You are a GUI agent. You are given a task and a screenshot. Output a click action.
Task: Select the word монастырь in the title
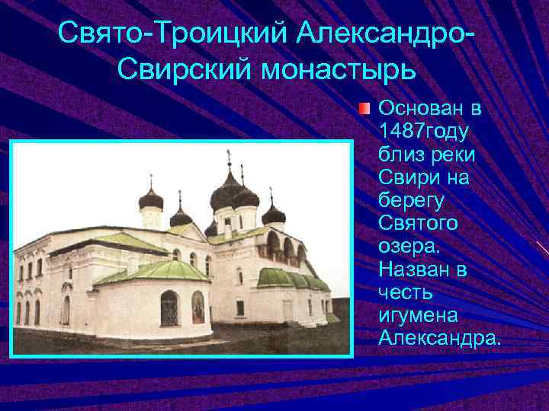pos(339,71)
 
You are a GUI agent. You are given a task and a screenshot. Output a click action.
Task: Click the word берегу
pos(410,201)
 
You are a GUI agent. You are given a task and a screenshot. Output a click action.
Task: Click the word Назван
pos(416,269)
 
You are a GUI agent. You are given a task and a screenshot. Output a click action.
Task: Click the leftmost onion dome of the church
pos(151,200)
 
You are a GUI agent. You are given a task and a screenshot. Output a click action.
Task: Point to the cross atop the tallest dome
pos(228,158)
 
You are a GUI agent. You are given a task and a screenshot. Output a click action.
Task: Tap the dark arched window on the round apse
pos(169,308)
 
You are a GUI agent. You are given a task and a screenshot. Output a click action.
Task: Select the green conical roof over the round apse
pos(152,271)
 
